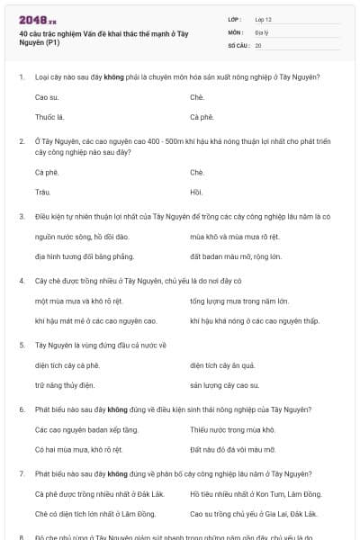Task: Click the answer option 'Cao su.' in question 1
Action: point(48,95)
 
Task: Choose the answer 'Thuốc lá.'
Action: point(50,117)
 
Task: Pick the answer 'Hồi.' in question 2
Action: point(197,192)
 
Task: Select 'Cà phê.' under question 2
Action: point(47,171)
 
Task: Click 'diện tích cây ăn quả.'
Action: point(223,364)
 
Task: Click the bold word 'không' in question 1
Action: point(114,76)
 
